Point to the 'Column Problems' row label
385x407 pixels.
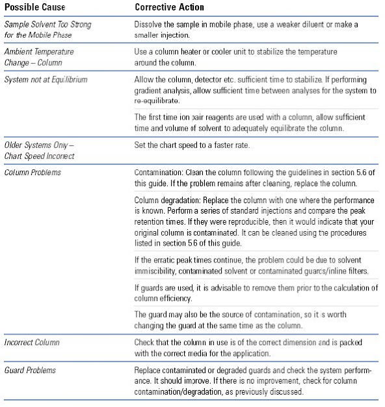click(34, 173)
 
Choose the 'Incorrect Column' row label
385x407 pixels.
click(33, 341)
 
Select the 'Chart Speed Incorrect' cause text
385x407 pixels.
click(39, 156)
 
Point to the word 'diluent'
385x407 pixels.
click(326, 24)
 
